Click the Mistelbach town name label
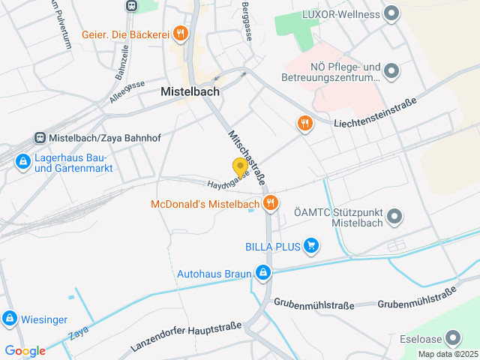190,91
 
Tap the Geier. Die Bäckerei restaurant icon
180,33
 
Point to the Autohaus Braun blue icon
262,273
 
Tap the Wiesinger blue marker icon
10,319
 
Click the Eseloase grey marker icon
452,338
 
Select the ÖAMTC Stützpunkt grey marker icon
395,217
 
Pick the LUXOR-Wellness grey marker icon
391,13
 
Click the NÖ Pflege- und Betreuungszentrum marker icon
391,71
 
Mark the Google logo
24,350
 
